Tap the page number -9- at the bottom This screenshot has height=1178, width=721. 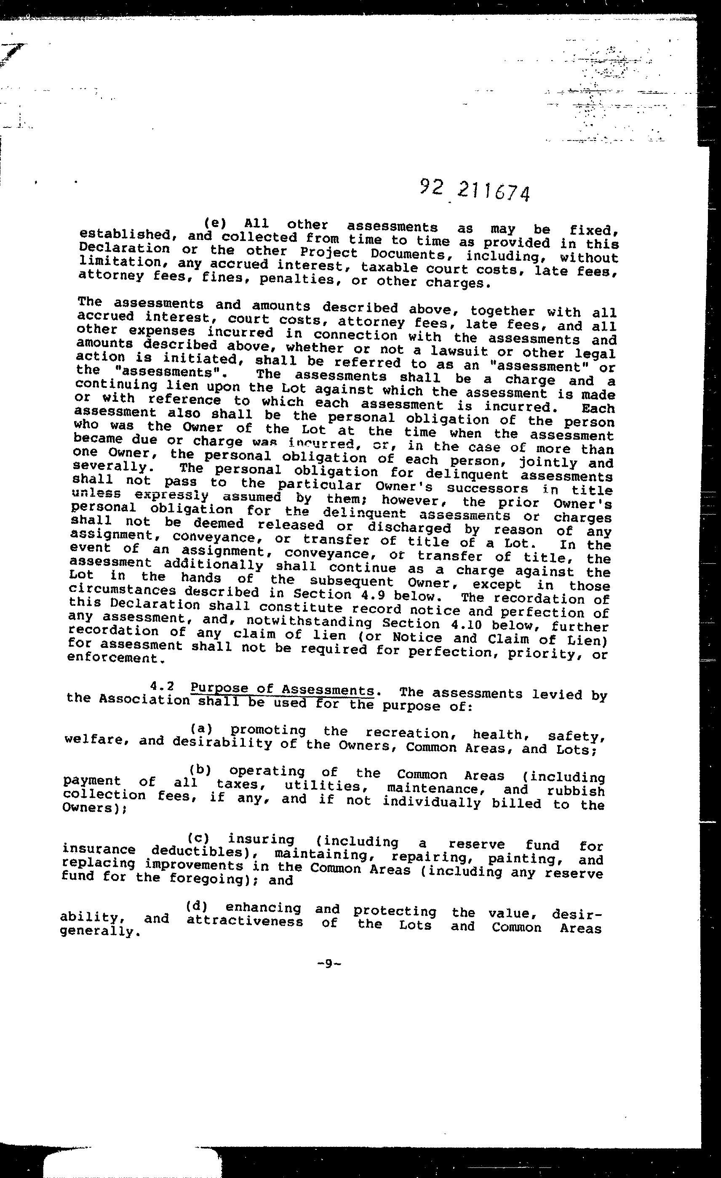(329, 963)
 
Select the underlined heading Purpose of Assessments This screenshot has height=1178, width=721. (282, 690)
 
